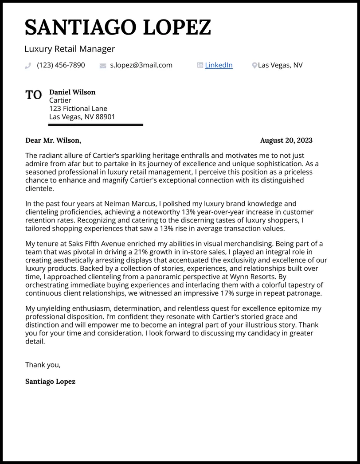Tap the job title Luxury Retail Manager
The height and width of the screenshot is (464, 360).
coord(70,49)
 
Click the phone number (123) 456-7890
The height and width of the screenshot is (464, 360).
coord(61,65)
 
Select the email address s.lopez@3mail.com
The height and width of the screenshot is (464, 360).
coord(141,65)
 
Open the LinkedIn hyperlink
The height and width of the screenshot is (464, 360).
coord(219,65)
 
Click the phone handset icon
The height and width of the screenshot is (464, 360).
coord(28,66)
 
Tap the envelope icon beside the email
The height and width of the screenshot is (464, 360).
coord(103,66)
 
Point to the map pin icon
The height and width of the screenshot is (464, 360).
coord(254,66)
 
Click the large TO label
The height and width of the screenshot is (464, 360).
coord(34,95)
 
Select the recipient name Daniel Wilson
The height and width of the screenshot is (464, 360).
coord(72,92)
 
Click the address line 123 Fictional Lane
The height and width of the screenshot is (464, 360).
coord(78,109)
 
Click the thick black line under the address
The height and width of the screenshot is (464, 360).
coord(95,125)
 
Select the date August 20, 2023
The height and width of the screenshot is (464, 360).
coord(286,140)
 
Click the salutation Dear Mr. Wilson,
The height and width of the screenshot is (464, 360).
coord(53,140)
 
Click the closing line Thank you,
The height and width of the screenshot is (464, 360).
coord(43,365)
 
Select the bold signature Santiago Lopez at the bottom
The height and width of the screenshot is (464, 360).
coord(50,381)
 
